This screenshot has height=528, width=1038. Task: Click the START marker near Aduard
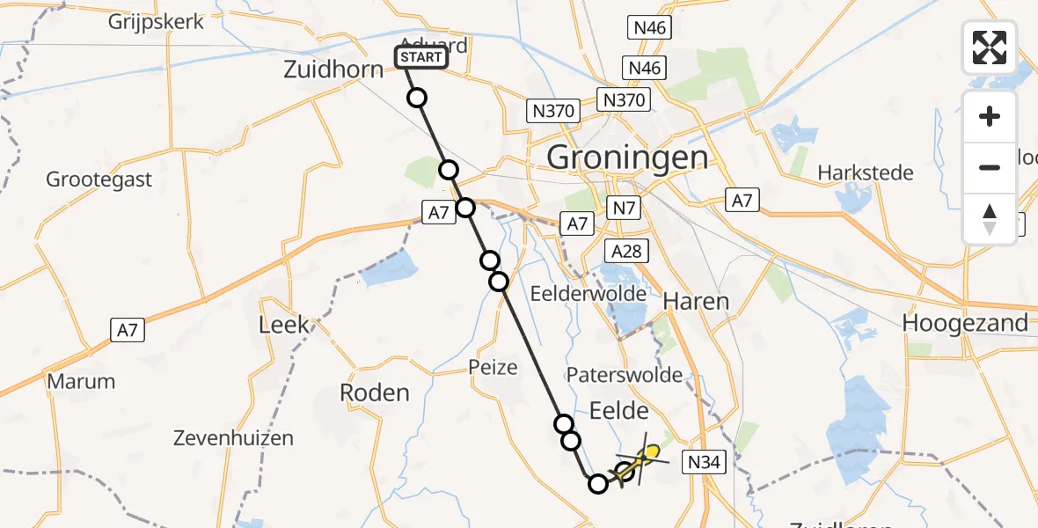(x=421, y=58)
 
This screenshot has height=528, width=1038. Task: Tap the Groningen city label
(x=627, y=158)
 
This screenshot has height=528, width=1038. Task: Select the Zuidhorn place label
(x=333, y=70)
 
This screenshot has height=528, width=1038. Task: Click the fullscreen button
(x=990, y=48)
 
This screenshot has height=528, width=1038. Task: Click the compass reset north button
(x=990, y=219)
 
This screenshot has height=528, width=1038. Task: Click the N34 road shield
(x=705, y=462)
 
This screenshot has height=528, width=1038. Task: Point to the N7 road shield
(x=623, y=208)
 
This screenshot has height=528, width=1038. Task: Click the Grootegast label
(x=99, y=180)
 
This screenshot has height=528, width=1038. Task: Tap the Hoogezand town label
(x=965, y=323)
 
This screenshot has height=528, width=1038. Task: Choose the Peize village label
(x=493, y=367)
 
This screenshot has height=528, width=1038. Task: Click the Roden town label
(x=375, y=392)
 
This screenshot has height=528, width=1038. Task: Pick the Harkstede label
(x=866, y=172)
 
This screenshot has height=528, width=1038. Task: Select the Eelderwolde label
(x=589, y=294)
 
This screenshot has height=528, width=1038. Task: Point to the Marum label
(x=81, y=382)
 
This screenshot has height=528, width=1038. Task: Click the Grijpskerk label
(x=157, y=21)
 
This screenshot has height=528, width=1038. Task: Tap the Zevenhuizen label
(x=233, y=437)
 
